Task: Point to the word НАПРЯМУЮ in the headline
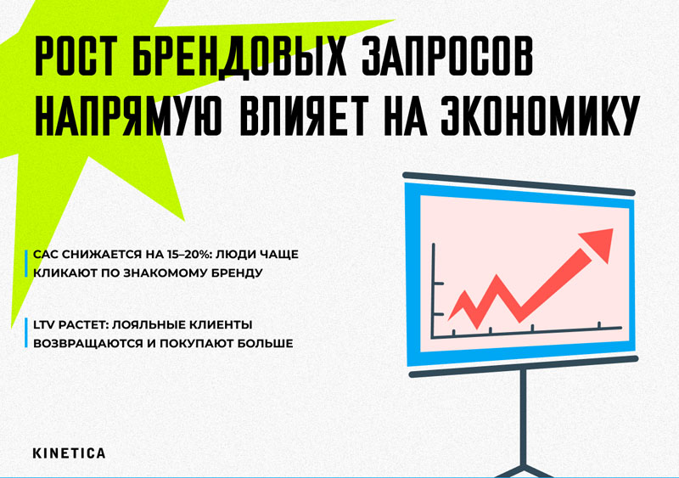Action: coord(126,120)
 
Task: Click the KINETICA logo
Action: coord(69,453)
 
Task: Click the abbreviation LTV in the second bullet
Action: coord(46,325)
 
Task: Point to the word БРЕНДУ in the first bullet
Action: coord(234,273)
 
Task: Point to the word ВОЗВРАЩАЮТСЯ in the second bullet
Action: coord(91,344)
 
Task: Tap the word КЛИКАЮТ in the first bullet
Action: coord(66,273)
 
